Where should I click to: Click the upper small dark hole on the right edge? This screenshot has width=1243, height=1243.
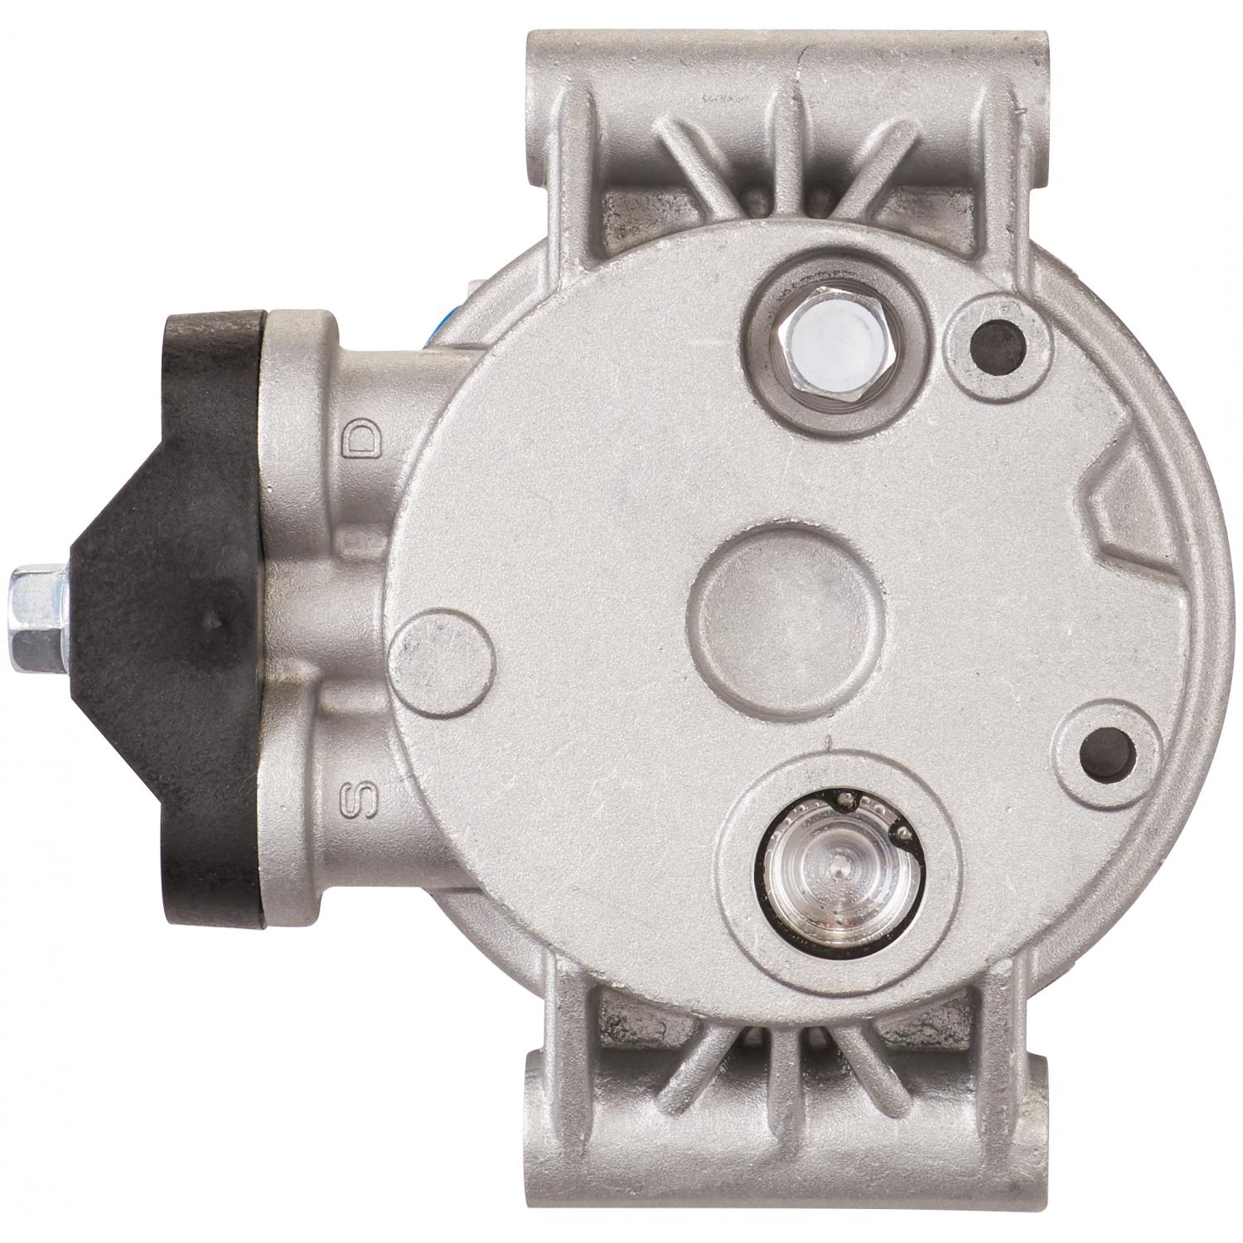pyautogui.click(x=999, y=336)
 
